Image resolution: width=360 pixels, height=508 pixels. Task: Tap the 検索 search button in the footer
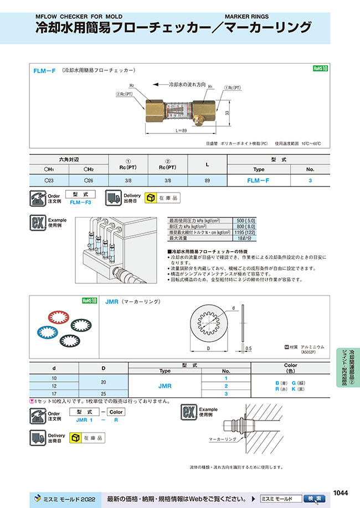pos(315,498)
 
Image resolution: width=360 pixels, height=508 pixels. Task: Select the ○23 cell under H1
pos(49,180)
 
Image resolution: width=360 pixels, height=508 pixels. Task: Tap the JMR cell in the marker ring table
pos(164,385)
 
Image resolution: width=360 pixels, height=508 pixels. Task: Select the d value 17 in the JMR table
pos(54,393)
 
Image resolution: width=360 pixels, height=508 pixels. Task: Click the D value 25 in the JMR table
pos(104,393)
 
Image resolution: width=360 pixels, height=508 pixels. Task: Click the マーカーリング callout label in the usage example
pos(223,439)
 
